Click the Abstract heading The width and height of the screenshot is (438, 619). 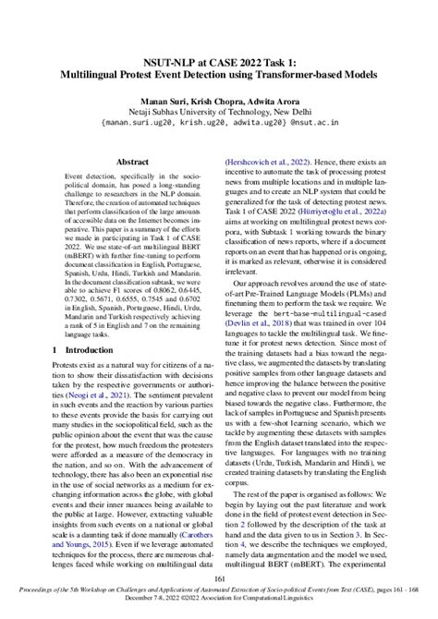point(132,162)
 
